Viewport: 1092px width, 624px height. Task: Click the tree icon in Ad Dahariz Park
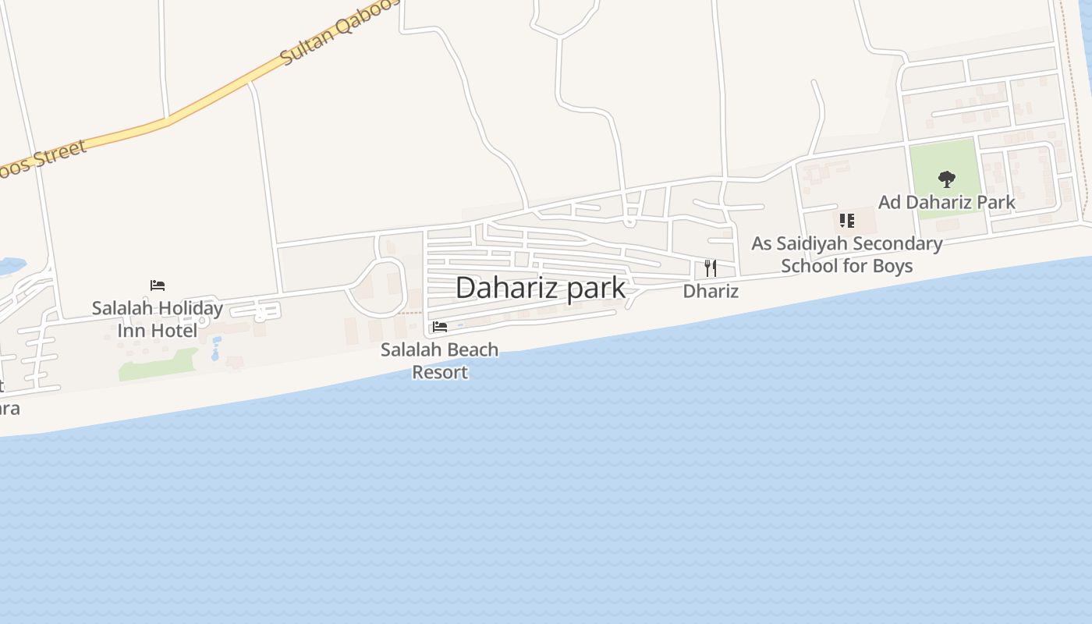(946, 179)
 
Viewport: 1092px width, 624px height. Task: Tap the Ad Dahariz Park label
(946, 202)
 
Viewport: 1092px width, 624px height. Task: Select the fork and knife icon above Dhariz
(710, 268)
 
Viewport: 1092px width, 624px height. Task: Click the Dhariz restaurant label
(711, 291)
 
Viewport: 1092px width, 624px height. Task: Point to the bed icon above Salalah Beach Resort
(440, 327)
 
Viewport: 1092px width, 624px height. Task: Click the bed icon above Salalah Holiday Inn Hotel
(158, 285)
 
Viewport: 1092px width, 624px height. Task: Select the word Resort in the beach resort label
(440, 372)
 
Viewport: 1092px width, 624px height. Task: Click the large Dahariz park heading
(540, 287)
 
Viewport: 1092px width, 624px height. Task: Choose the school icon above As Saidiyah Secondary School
(847, 221)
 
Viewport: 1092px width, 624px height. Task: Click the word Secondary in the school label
(896, 243)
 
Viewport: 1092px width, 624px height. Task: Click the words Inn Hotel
(157, 331)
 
